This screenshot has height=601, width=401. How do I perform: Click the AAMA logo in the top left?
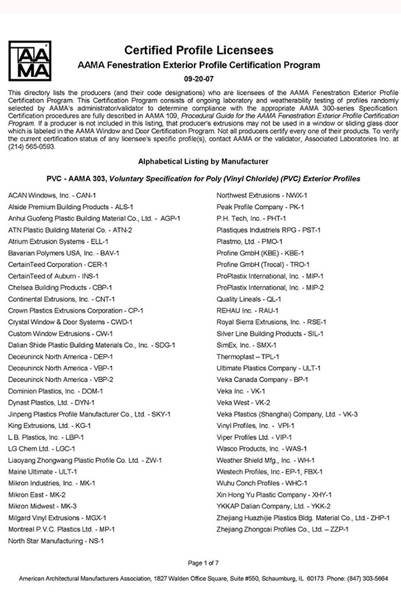tap(28, 59)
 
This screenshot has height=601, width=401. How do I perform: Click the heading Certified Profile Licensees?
tap(198, 50)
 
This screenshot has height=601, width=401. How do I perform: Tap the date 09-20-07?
tap(199, 77)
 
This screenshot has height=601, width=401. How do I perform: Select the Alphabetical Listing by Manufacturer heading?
tap(198, 161)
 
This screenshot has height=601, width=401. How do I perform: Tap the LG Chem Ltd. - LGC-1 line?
tap(41, 449)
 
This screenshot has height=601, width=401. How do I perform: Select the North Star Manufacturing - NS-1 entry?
tap(55, 541)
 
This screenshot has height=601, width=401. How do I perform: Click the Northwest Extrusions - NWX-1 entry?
tap(258, 196)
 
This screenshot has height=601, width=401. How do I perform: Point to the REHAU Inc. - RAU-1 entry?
tap(247, 311)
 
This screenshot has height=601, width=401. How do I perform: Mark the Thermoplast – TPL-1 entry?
tap(248, 357)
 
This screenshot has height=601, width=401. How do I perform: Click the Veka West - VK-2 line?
tap(243, 403)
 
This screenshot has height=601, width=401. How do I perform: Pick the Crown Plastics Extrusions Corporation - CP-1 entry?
tap(76, 311)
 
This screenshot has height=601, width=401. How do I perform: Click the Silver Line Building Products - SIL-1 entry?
tap(270, 333)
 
